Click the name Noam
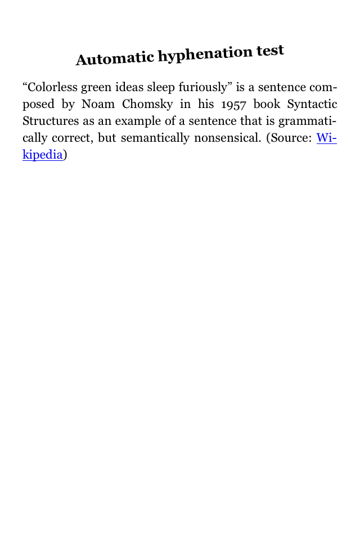click(99, 105)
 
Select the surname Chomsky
click(147, 105)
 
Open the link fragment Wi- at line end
click(327, 138)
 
